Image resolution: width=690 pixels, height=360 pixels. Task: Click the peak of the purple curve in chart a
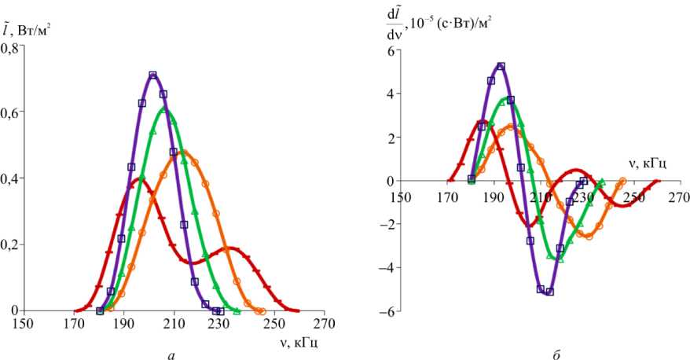coord(153,75)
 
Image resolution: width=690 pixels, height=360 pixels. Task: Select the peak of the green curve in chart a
coord(164,108)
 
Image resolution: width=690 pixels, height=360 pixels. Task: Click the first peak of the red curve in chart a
coord(139,179)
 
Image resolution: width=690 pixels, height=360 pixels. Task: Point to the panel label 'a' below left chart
coord(171,352)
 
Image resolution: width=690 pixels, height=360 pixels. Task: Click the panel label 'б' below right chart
coord(556,352)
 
